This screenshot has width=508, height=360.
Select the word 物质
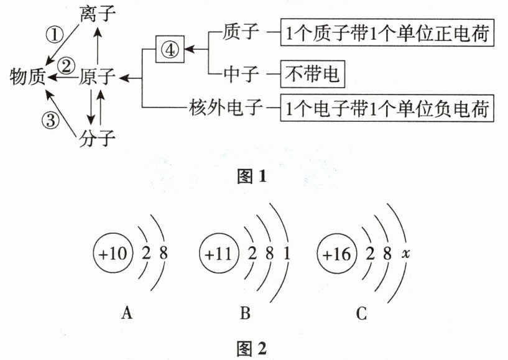tap(28, 77)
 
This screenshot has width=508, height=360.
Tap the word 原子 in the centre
tap(98, 77)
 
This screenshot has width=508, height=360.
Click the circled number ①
tap(57, 35)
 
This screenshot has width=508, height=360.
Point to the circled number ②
tap(66, 64)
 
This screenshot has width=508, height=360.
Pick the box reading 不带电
tap(312, 75)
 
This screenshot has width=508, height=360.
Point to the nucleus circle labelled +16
tap(336, 254)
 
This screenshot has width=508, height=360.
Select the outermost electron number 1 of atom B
tap(285, 254)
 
